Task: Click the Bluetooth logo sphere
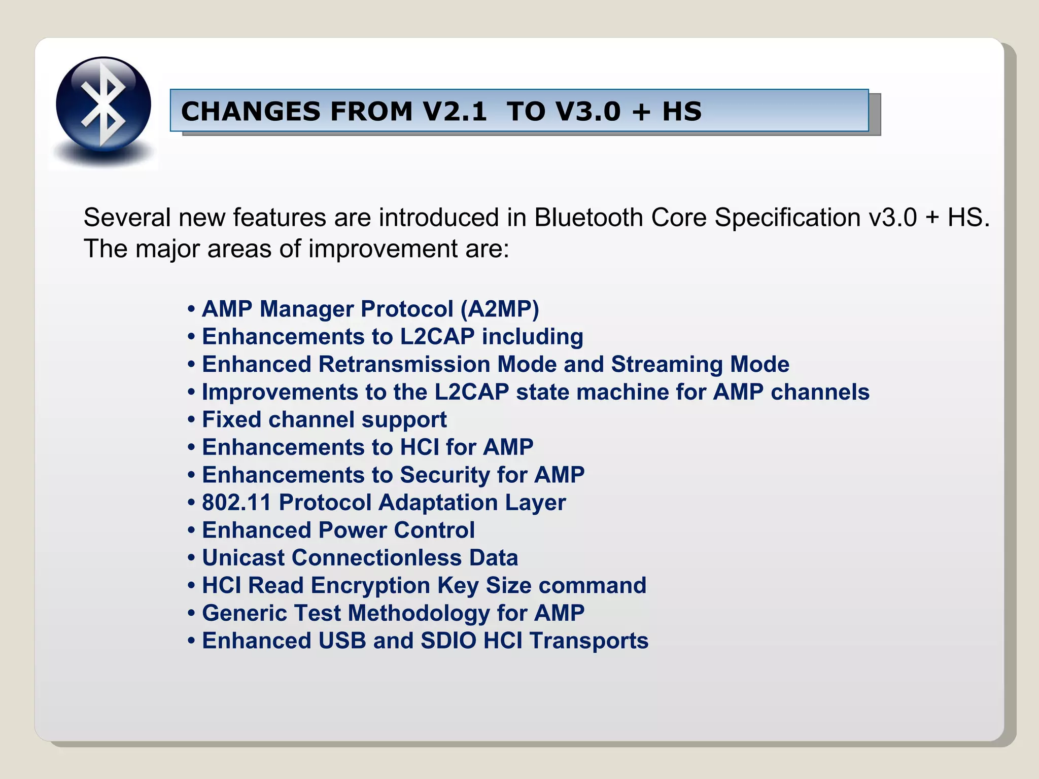tap(103, 104)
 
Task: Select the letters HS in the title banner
tap(682, 111)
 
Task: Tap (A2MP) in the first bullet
tap(499, 309)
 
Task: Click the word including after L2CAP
tap(532, 337)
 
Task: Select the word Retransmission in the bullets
tap(404, 364)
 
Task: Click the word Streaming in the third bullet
tap(667, 364)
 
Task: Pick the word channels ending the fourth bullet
tap(820, 392)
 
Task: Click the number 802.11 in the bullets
tap(236, 503)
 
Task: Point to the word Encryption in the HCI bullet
tap(370, 585)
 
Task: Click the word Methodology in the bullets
tap(419, 613)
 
